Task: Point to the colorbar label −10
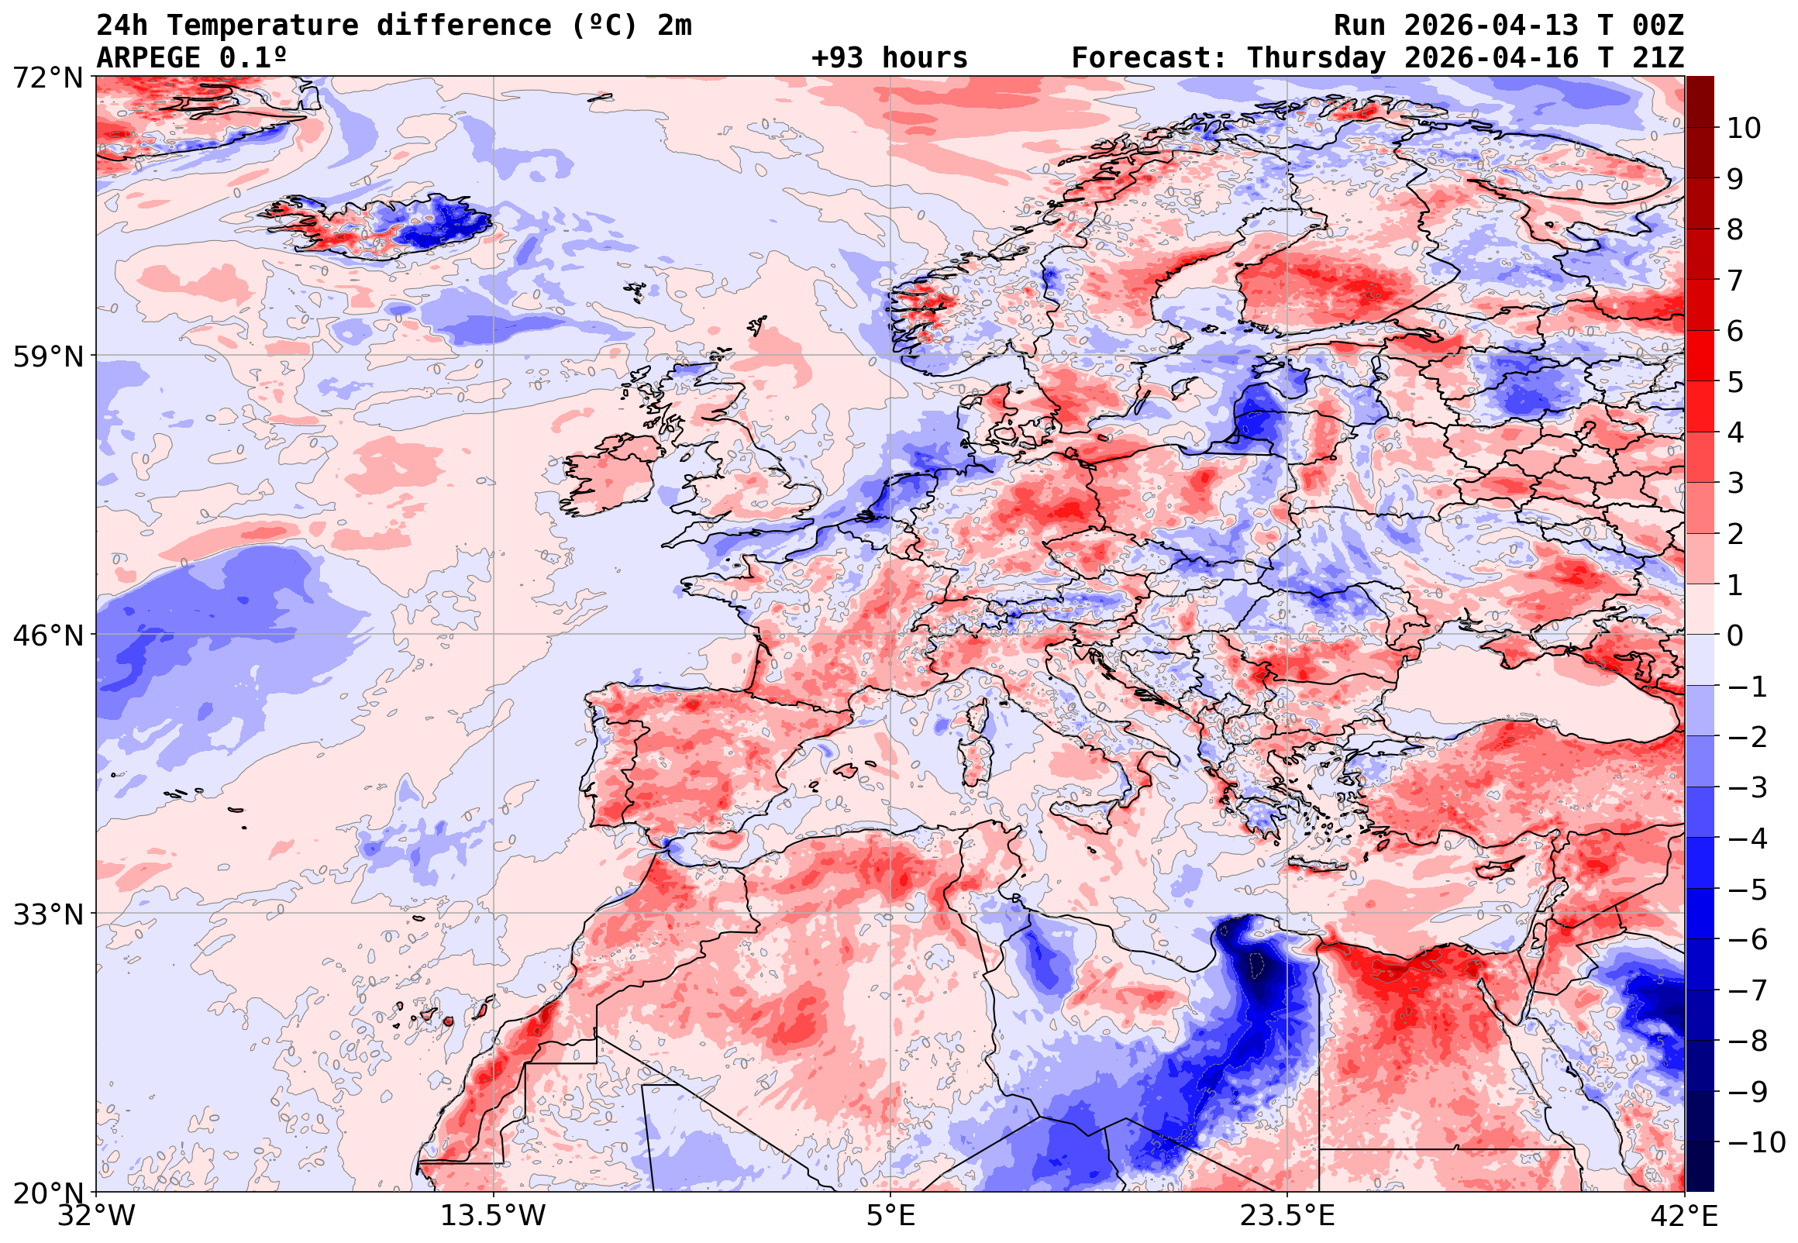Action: click(1756, 1143)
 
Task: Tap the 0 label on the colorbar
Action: click(1736, 635)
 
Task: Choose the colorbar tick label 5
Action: click(1736, 382)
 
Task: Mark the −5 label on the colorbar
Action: click(1748, 890)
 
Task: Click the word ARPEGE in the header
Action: click(149, 57)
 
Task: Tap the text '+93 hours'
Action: click(889, 57)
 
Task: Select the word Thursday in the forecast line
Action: click(1316, 57)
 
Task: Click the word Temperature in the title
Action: click(263, 26)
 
